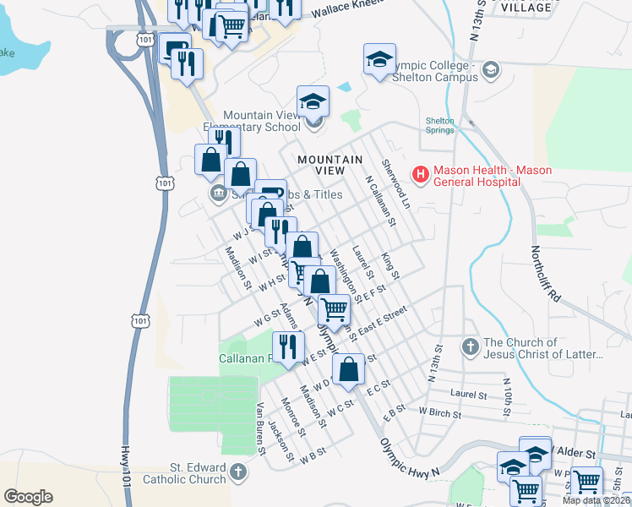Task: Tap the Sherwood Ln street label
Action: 395,184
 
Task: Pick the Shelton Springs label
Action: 440,125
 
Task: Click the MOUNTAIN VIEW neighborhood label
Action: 330,165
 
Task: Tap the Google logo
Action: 28,496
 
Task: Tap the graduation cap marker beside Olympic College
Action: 380,61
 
